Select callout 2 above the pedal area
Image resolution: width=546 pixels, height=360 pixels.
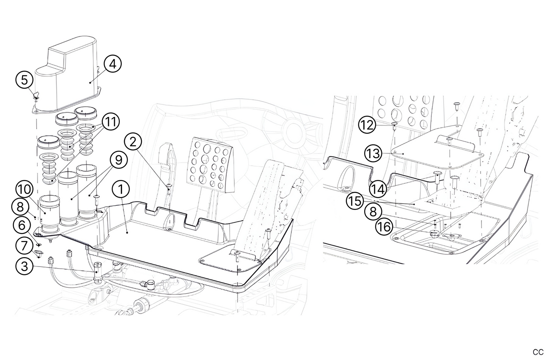(x=133, y=143)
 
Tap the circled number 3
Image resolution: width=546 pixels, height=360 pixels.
(x=24, y=267)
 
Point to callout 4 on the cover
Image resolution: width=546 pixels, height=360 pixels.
(x=112, y=64)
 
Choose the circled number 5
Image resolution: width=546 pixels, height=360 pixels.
(x=25, y=80)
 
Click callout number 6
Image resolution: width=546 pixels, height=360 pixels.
(x=22, y=226)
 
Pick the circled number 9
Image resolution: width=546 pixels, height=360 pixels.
(x=119, y=161)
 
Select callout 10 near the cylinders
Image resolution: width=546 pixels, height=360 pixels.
(x=25, y=189)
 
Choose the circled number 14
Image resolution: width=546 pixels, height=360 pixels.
(x=378, y=188)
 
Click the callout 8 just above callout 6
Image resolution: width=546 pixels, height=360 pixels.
(x=20, y=207)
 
